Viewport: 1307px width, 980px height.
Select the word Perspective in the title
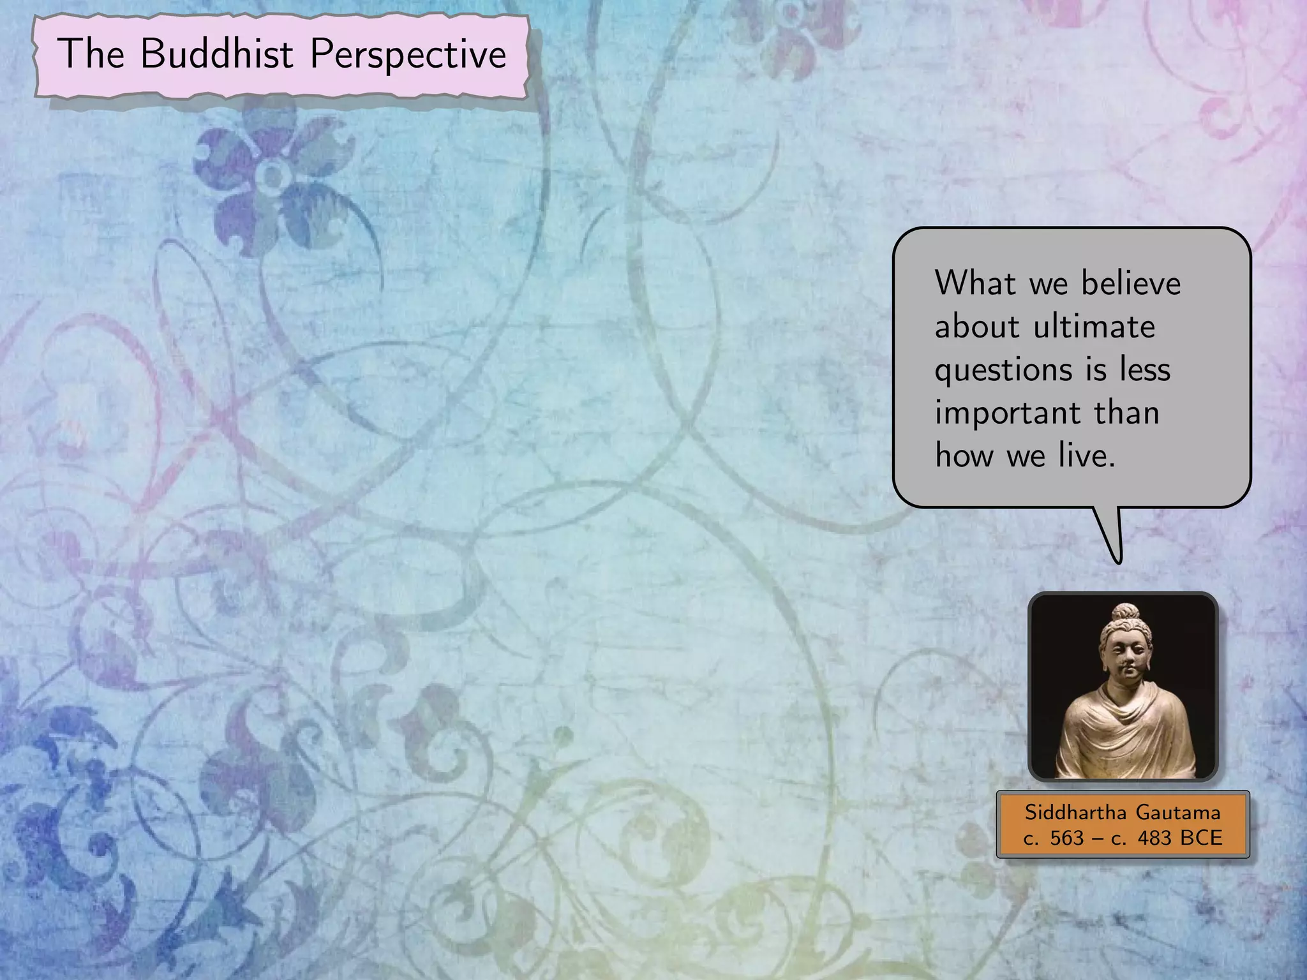(x=408, y=55)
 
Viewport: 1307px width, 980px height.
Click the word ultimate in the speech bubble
(x=1094, y=327)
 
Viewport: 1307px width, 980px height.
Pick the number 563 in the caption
(x=1066, y=838)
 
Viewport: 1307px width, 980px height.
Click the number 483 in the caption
(x=1154, y=838)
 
